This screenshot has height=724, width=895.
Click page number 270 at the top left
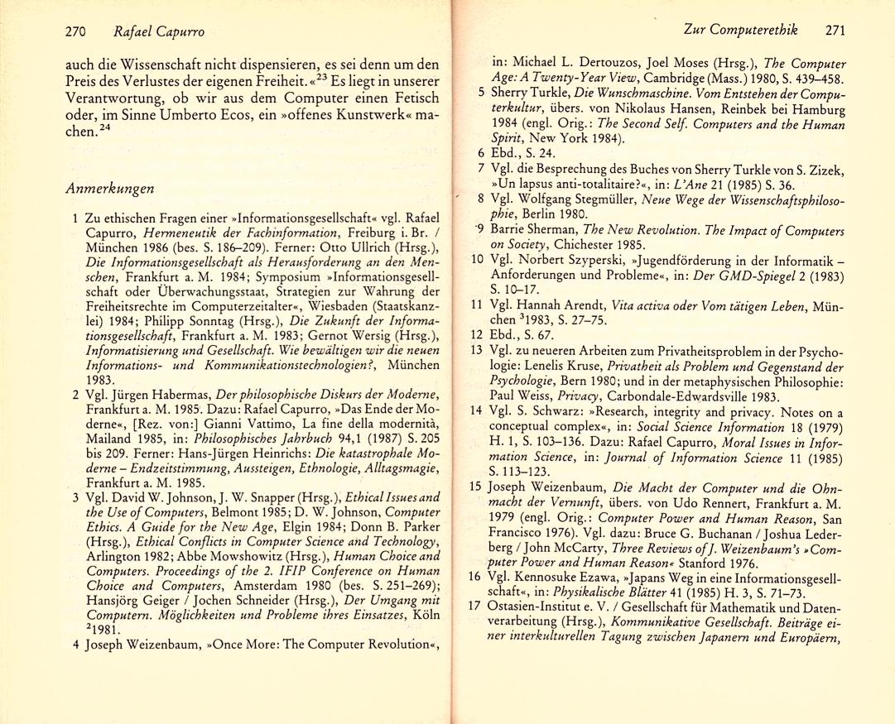(x=77, y=31)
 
